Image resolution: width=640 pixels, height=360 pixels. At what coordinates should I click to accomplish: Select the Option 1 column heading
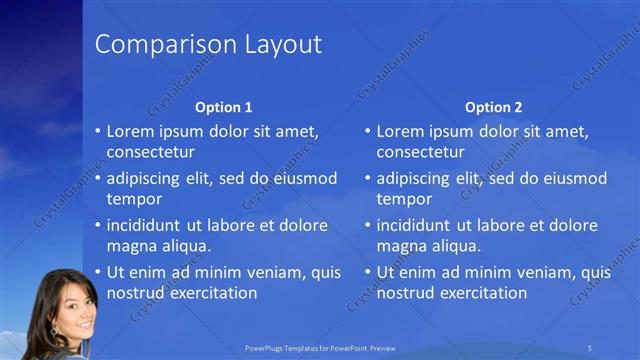224,107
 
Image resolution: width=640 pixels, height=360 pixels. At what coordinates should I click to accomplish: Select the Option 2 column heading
494,107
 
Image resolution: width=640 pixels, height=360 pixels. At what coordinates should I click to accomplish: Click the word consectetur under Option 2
420,152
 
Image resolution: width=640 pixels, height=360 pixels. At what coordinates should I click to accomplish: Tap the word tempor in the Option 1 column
131,199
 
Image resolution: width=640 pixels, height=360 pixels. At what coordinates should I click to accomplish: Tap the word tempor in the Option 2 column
401,199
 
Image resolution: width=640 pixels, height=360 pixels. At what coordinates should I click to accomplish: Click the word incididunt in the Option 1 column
146,224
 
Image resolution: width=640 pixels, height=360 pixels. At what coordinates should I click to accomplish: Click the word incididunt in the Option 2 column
416,224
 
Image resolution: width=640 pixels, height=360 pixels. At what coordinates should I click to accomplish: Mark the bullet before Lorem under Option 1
98,131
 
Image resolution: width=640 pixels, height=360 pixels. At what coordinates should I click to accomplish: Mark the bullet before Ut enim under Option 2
368,271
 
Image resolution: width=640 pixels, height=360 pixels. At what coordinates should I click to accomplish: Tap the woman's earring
53,327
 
